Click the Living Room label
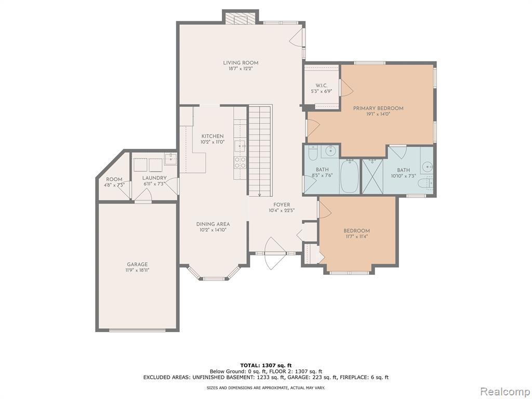tap(241, 63)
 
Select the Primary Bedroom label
tap(378, 108)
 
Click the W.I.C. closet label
tap(321, 86)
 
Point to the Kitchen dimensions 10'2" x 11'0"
tap(212, 142)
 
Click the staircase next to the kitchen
tap(260, 150)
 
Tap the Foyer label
tap(282, 205)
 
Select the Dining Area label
tap(212, 224)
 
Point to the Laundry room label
tap(154, 178)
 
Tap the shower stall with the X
tap(373, 176)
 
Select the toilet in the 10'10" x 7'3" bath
tap(425, 183)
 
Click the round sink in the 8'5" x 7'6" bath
tap(329, 150)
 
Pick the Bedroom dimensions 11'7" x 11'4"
tap(356, 236)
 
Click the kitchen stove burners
tap(240, 162)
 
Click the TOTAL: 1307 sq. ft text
tap(266, 365)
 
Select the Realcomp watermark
tap(505, 391)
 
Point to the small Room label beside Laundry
tap(114, 179)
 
